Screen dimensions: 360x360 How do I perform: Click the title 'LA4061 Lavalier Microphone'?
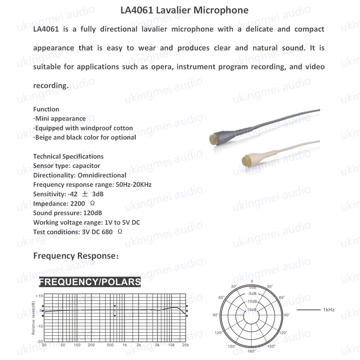pyautogui.click(x=184, y=10)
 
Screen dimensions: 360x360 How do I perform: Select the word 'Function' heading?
pyautogui.click(x=46, y=109)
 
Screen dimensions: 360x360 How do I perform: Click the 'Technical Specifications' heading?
pyautogui.click(x=68, y=156)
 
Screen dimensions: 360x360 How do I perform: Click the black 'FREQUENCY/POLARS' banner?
pyautogui.click(x=90, y=282)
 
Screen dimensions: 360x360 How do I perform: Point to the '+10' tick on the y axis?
pyautogui.click(x=39, y=296)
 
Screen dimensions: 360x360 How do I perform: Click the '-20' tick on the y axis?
pyautogui.click(x=39, y=341)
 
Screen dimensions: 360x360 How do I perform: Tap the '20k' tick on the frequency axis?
pyautogui.click(x=185, y=345)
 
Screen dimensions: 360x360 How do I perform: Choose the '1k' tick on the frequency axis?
pyautogui.click(x=125, y=345)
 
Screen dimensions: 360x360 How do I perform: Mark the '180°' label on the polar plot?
pyautogui.click(x=252, y=351)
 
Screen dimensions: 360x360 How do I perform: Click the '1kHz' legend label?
pyautogui.click(x=329, y=310)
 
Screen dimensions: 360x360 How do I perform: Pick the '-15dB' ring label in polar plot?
pyautogui.click(x=252, y=310)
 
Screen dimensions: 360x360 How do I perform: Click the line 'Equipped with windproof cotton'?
pyautogui.click(x=83, y=128)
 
